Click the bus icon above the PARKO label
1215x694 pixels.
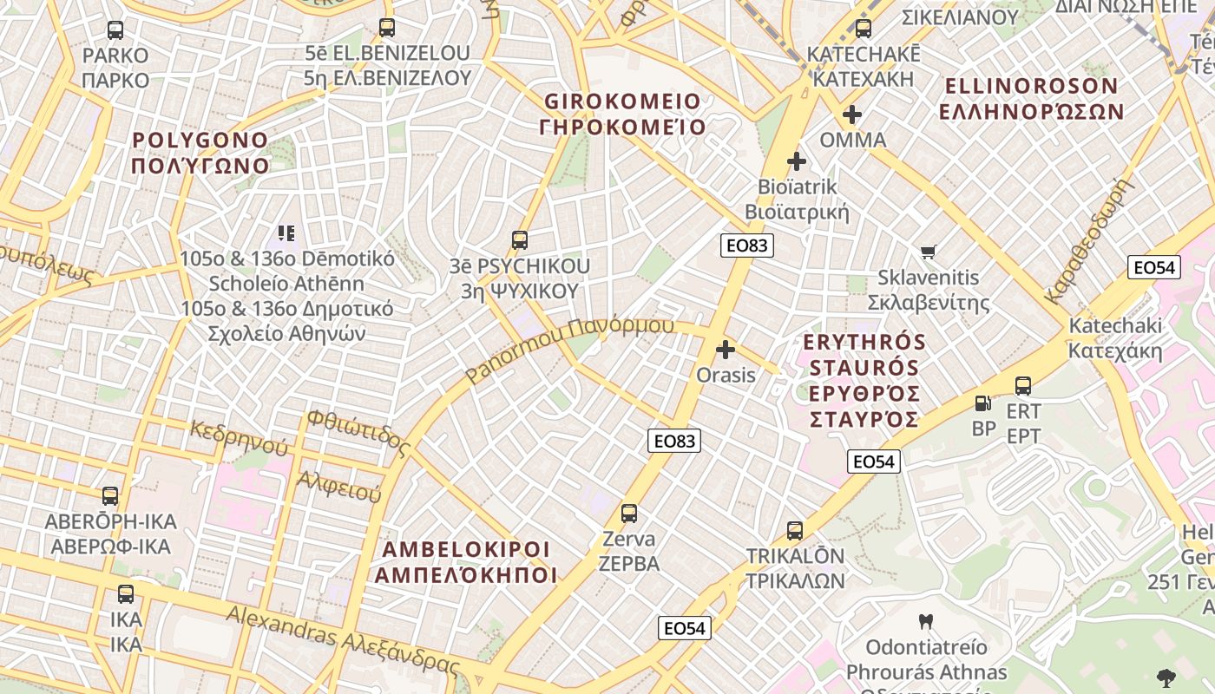(x=115, y=31)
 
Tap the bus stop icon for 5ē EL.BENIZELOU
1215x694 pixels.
(x=387, y=28)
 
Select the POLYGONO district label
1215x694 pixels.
(x=200, y=153)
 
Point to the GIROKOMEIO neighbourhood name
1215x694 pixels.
(x=622, y=114)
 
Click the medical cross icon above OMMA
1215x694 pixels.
(x=852, y=114)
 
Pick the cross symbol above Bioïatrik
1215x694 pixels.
(x=797, y=161)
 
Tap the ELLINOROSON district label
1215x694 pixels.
(x=1031, y=98)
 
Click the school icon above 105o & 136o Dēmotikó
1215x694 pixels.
(x=286, y=232)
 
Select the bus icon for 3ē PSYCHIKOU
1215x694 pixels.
(x=520, y=240)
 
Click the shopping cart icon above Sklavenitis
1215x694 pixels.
(x=929, y=252)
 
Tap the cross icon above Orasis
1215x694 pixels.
(x=726, y=350)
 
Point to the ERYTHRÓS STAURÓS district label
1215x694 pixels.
(x=864, y=380)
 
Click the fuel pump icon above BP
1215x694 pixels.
(x=983, y=403)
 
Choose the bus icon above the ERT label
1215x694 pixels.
(x=1023, y=386)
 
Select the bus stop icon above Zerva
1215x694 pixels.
(x=629, y=514)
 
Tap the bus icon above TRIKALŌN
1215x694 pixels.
(x=795, y=531)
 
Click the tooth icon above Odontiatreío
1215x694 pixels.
(x=926, y=621)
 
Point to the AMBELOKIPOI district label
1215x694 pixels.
(x=466, y=562)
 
